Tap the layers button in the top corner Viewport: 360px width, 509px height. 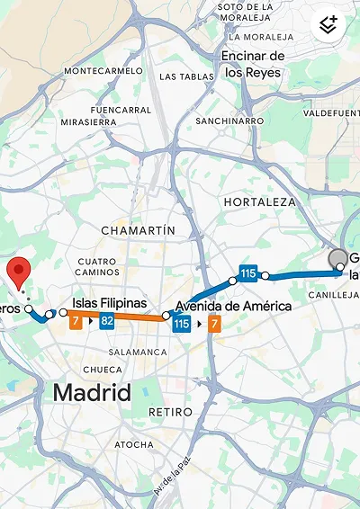tap(328, 24)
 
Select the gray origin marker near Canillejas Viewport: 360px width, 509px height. tap(338, 259)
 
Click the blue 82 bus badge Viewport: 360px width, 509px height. tap(106, 321)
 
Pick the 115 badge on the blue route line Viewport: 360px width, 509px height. tap(248, 272)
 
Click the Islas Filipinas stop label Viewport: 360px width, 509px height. tap(109, 303)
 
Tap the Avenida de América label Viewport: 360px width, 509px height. tap(233, 306)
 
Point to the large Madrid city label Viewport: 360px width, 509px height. tap(91, 392)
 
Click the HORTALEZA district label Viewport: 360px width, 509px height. tap(259, 202)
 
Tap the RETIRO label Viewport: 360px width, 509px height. tap(170, 412)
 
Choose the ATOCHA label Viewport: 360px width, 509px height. tap(134, 444)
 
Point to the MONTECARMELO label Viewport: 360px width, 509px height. tap(104, 70)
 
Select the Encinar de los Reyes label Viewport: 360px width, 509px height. tap(253, 64)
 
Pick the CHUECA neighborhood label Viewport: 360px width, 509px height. tap(102, 369)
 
